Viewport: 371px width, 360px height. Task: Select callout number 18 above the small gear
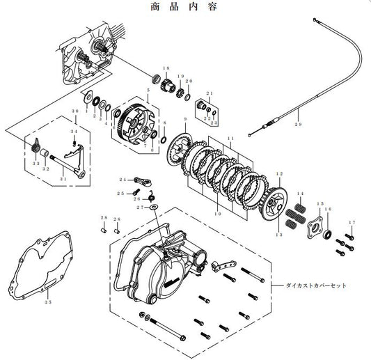coord(166,67)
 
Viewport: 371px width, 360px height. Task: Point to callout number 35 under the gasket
coord(47,302)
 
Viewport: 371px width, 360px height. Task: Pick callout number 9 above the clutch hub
coord(185,120)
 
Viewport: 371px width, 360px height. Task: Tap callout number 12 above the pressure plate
coord(280,173)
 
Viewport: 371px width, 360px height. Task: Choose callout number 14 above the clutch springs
coord(301,192)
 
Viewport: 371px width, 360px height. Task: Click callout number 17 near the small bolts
coord(351,222)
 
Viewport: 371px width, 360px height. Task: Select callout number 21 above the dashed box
coord(210,93)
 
